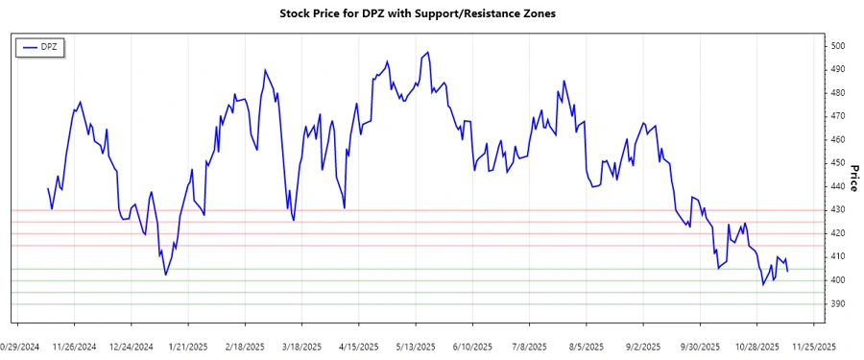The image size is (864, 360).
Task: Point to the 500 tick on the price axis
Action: coord(839,46)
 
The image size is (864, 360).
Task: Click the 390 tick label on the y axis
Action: coord(839,304)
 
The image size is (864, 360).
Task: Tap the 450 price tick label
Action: coord(839,163)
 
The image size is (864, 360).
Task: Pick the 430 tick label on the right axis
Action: coord(839,210)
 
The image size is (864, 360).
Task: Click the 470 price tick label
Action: coord(839,116)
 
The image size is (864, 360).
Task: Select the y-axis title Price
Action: coord(853,175)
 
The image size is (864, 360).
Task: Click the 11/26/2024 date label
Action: coord(74,346)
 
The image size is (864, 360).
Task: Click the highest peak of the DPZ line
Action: coord(427,52)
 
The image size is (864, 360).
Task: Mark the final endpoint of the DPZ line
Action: coord(788,272)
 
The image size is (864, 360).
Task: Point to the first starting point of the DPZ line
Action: coord(48,188)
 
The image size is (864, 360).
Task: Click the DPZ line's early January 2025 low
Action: coord(166,275)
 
